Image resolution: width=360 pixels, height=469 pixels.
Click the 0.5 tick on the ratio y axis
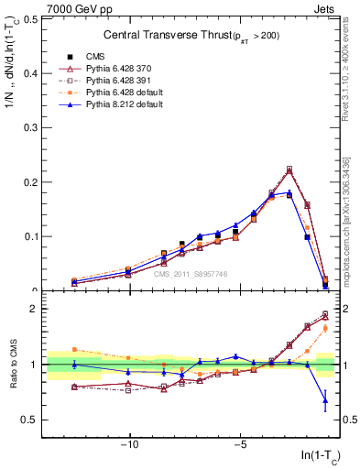(32, 420)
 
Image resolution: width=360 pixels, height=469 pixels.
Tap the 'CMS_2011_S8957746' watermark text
(190, 274)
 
